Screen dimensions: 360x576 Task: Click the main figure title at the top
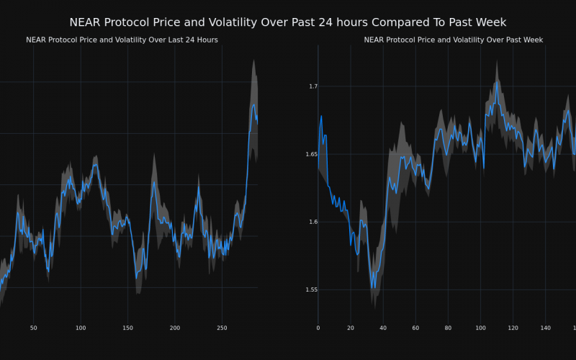click(288, 22)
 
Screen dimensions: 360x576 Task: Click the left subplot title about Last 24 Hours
click(122, 40)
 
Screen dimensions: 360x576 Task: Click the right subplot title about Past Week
click(454, 40)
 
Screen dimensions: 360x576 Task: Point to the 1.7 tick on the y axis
click(312, 86)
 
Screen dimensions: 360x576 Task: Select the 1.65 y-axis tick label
click(310, 154)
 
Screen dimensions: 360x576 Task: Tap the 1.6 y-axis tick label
click(312, 222)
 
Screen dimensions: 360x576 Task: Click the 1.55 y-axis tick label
click(310, 289)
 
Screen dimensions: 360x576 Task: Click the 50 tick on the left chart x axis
click(33, 328)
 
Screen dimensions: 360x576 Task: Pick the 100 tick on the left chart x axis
click(81, 328)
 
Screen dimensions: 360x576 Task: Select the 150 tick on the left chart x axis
click(127, 328)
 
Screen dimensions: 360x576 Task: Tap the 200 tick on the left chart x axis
click(175, 328)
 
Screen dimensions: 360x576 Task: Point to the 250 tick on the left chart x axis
click(222, 328)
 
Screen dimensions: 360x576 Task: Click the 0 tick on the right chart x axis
click(318, 328)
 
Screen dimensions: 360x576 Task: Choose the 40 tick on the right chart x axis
click(383, 328)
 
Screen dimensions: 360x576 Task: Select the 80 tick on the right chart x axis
click(448, 328)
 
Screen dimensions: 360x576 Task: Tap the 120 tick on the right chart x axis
click(513, 328)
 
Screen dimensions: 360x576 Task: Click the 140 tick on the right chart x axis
click(546, 328)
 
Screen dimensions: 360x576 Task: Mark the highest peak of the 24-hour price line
click(253, 104)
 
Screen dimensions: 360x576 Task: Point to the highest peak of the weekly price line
click(497, 81)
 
